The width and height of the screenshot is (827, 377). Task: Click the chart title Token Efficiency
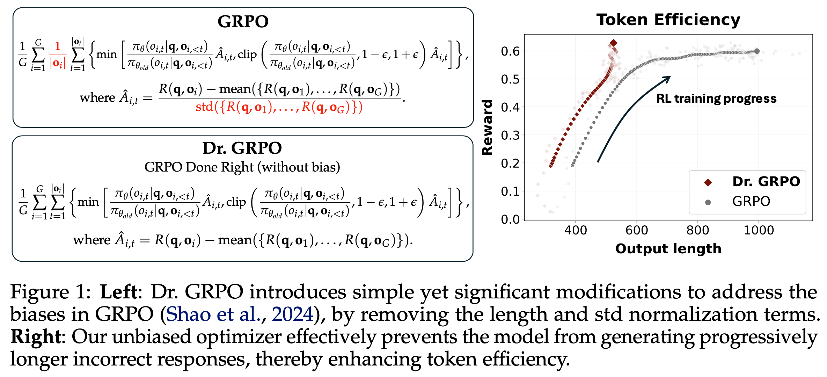point(668,20)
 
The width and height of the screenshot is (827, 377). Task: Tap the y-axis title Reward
point(487,128)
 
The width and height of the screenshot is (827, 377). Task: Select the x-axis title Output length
point(668,249)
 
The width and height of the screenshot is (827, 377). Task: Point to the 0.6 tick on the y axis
point(510,51)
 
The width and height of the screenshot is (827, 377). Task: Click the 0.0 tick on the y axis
point(510,219)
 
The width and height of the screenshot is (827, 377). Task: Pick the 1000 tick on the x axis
point(759,231)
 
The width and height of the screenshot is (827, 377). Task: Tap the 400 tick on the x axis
point(576,231)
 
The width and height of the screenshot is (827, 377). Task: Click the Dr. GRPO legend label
point(766,182)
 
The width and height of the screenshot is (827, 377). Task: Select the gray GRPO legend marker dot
point(708,202)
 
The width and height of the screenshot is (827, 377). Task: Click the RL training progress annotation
point(716,99)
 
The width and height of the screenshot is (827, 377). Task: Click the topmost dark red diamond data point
point(613,43)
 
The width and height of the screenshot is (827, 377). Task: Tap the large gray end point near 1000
point(757,51)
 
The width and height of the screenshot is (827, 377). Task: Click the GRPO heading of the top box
point(243,21)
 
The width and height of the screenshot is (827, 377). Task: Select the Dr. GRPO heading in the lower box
point(242,148)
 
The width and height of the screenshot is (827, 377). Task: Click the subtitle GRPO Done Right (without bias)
point(242,167)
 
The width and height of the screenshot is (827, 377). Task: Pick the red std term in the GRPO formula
point(279,107)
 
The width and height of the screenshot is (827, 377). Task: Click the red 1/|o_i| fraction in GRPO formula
point(58,55)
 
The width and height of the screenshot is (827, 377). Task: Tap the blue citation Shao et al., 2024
point(240,314)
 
